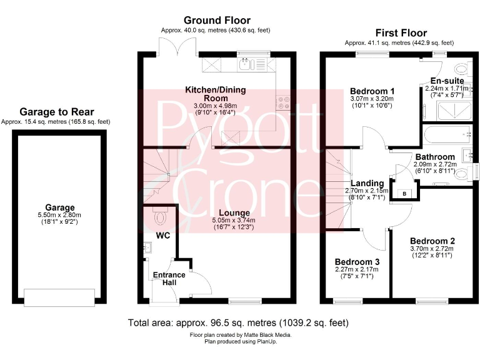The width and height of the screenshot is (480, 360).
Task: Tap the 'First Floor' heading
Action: tap(401, 32)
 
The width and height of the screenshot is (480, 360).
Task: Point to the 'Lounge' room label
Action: tap(234, 213)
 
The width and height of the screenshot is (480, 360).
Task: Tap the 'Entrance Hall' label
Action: tap(169, 279)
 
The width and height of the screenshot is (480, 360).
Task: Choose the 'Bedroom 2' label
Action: tap(432, 241)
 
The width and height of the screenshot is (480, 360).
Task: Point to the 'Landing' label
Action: tap(367, 182)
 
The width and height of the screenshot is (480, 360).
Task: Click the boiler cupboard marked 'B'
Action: tap(404, 194)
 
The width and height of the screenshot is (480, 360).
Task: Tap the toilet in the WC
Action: tap(161, 217)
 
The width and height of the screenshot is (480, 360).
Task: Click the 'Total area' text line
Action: tap(238, 323)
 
